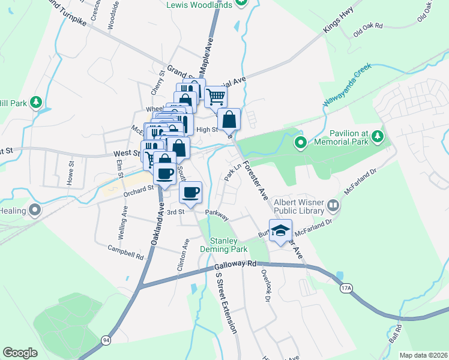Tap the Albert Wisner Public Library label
(298, 207)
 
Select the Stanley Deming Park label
(228, 245)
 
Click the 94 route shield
(106, 340)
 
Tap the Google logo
(20, 353)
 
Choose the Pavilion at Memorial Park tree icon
(378, 137)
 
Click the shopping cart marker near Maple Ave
(215, 96)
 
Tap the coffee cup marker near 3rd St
(191, 193)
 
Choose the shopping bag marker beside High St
(229, 119)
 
